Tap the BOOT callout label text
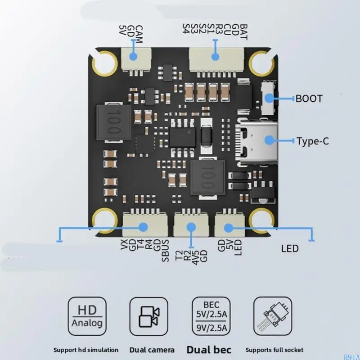tap(309, 99)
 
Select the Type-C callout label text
tap(312, 141)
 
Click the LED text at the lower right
tap(290, 249)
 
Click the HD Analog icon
tap(87, 316)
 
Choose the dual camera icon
tap(149, 316)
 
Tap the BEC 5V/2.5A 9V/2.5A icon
tap(211, 316)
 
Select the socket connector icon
tap(273, 316)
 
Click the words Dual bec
tap(209, 350)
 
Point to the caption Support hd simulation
tap(86, 350)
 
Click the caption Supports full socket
tap(274, 350)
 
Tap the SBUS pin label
tap(166, 251)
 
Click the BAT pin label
tap(243, 32)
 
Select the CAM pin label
tap(139, 34)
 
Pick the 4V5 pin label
tap(195, 257)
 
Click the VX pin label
tap(124, 245)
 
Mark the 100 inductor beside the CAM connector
tap(114, 122)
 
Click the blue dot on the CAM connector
tap(133, 57)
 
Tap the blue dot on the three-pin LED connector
tap(229, 228)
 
